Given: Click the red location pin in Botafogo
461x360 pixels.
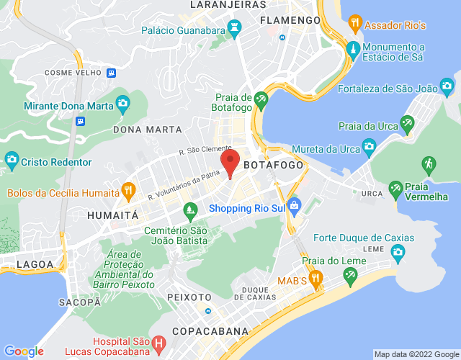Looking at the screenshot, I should click(230, 163).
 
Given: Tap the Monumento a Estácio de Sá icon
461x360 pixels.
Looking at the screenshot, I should click(352, 50).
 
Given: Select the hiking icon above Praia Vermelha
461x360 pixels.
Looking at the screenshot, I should click(429, 163).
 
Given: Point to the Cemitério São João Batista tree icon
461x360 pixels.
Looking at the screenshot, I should click(190, 212).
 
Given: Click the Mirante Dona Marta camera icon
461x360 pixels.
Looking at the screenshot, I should click(122, 103).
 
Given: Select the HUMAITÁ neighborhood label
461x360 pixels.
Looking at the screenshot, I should click(112, 215).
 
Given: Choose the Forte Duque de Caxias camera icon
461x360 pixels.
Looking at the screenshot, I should click(398, 252).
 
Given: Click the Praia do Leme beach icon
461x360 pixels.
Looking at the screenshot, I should click(351, 274).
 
